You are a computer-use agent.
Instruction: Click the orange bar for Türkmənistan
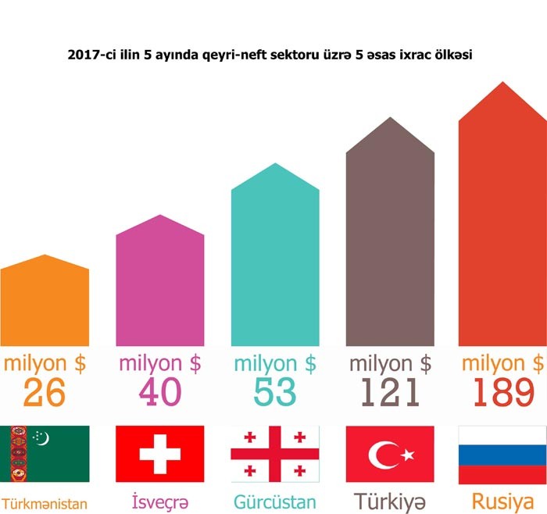tap(45, 305)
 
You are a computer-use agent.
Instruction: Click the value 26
tap(45, 393)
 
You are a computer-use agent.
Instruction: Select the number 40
tap(159, 393)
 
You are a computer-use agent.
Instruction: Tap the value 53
tap(275, 393)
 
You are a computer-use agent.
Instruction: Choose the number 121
tap(390, 393)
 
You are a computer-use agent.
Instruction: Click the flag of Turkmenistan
tap(45, 454)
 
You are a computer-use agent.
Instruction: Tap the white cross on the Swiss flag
tap(159, 454)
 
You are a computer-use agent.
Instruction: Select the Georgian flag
tap(275, 454)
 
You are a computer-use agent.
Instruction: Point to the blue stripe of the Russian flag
tap(502, 454)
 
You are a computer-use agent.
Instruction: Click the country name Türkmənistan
tap(45, 502)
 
